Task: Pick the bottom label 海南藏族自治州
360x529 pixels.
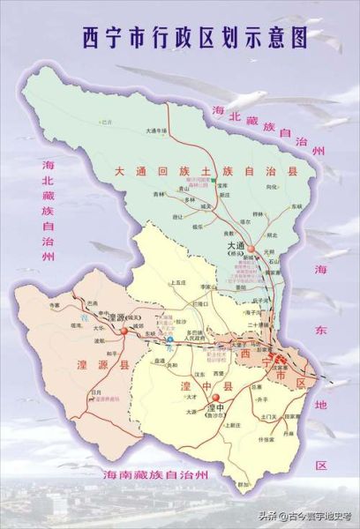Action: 154,474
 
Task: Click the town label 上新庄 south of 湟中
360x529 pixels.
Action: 232,424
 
